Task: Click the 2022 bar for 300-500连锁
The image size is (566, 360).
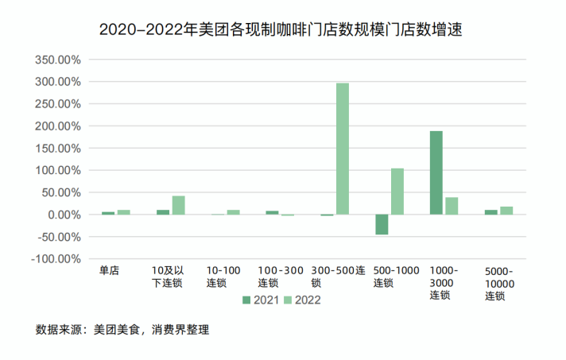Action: coord(343,149)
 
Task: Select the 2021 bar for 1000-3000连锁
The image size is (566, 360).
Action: coord(436,172)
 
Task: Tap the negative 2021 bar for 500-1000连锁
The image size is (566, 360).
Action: coord(382,224)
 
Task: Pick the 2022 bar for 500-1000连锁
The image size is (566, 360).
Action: coord(397,191)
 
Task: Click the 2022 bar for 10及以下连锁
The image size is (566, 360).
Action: coord(179,205)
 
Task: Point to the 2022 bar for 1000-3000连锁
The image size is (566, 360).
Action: coord(452,206)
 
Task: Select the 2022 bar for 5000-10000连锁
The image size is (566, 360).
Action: coord(506,211)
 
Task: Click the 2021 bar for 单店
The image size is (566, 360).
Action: coord(108,213)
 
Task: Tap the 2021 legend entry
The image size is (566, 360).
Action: coord(261,300)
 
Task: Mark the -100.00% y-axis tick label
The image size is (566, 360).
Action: coord(57,259)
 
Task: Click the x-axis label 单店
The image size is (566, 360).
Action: coord(109,271)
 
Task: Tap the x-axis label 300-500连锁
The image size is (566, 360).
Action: coord(338,277)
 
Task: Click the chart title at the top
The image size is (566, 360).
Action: coord(281,30)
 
